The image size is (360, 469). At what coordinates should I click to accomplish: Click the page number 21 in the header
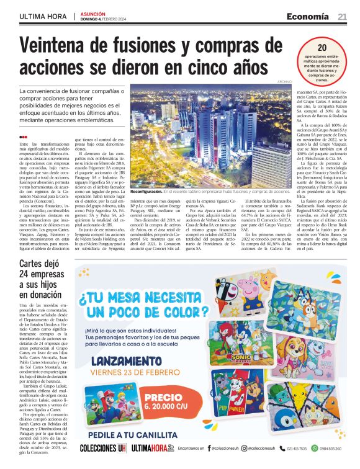342,17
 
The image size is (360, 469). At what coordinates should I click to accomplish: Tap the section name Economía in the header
308,17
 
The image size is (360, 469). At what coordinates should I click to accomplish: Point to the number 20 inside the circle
322,48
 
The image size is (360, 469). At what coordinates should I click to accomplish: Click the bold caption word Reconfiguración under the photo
149,210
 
